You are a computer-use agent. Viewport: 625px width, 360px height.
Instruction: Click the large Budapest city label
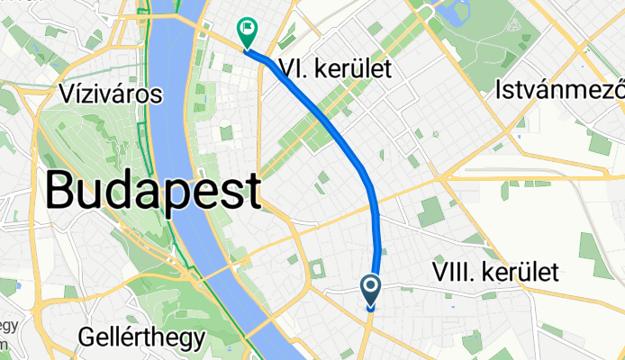click(153, 190)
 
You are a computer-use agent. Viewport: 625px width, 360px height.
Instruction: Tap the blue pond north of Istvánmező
click(450, 13)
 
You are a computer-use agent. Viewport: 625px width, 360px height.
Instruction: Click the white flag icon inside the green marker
click(246, 28)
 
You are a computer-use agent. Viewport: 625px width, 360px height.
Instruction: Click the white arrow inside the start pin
click(372, 288)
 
